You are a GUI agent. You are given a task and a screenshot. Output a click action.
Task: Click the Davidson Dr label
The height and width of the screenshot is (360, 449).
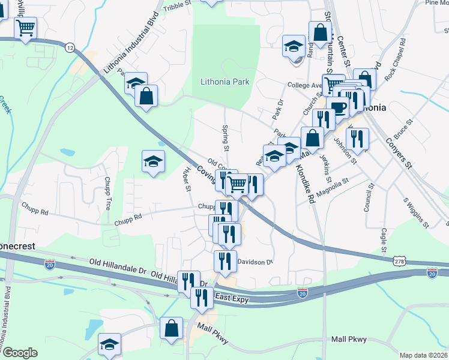[x=255, y=262]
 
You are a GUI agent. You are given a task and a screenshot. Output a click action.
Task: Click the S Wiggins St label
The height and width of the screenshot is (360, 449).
[x=416, y=214]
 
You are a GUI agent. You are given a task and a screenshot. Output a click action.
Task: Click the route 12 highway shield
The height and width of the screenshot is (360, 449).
[x=71, y=47]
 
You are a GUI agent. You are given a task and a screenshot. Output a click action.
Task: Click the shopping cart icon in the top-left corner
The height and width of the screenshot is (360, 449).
[x=25, y=28]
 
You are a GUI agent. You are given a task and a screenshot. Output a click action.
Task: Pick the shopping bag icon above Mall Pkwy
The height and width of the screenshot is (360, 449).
[x=172, y=328]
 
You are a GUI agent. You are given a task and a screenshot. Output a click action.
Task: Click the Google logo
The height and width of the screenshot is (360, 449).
[x=19, y=353]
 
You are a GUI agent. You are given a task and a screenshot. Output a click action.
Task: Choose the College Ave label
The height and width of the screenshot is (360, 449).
[x=306, y=85]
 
